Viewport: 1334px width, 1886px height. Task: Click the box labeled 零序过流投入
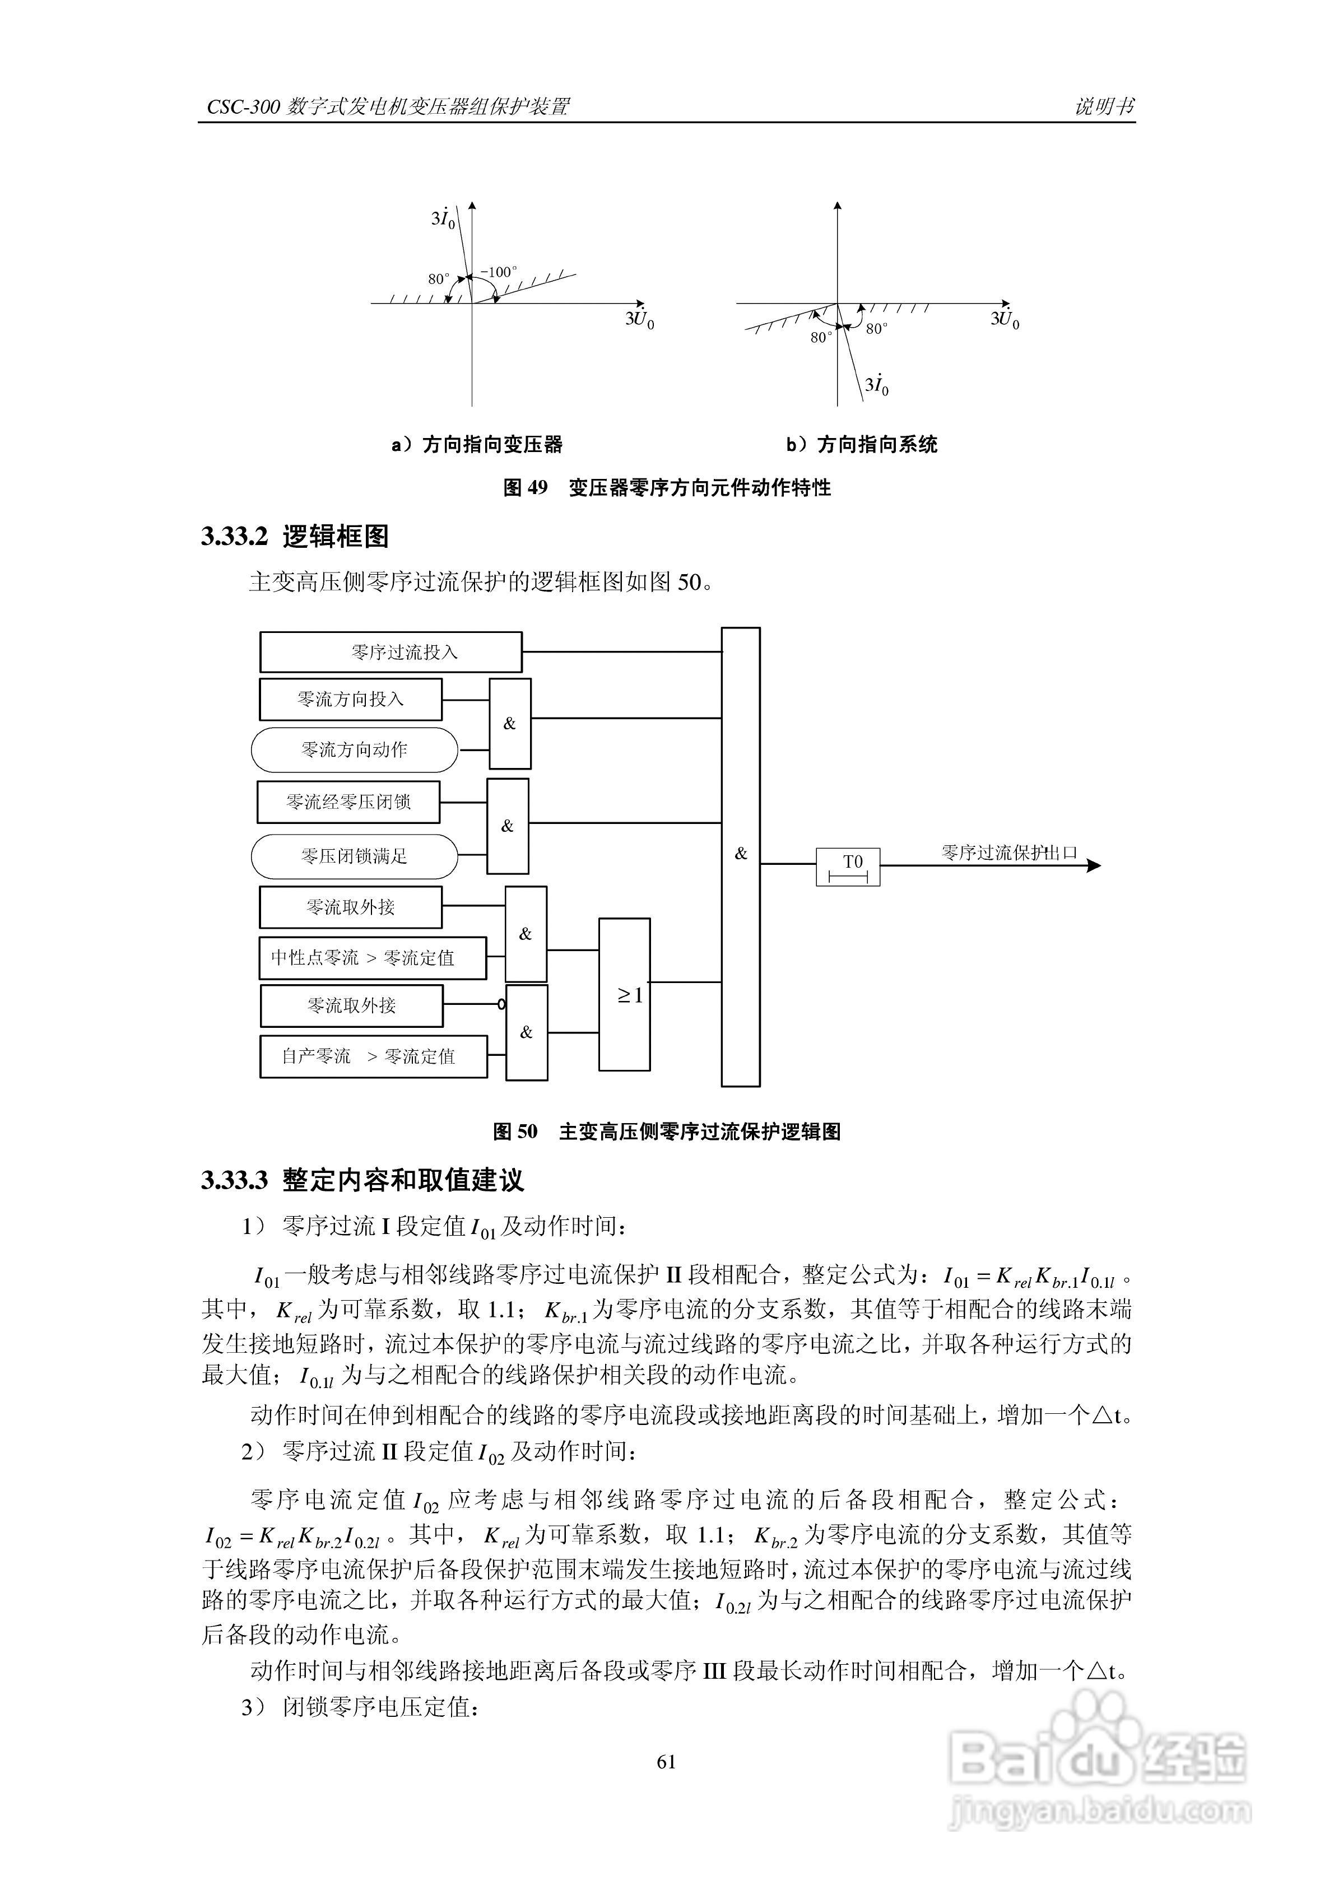tap(391, 652)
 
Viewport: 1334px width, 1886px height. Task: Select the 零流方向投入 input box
tap(351, 699)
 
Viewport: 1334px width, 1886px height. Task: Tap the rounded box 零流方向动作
tap(354, 749)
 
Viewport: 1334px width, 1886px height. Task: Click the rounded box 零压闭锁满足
tap(354, 856)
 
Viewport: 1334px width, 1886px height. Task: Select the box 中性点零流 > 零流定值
tap(372, 958)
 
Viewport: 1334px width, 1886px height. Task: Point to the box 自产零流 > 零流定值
tap(373, 1056)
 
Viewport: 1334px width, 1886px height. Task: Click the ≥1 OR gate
tap(624, 995)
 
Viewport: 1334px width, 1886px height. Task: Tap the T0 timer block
tap(848, 867)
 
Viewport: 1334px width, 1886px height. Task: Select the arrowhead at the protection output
tap(1093, 865)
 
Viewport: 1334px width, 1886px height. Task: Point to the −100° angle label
tap(499, 272)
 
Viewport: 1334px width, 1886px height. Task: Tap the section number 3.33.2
tap(234, 537)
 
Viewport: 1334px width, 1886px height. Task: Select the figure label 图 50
tap(515, 1132)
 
